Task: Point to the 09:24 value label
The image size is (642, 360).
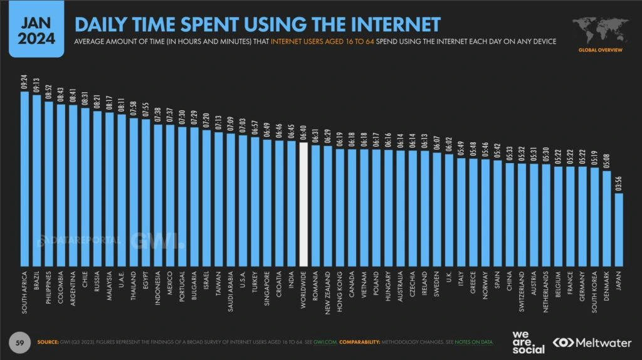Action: (x=25, y=83)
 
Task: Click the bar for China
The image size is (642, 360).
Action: (x=510, y=214)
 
